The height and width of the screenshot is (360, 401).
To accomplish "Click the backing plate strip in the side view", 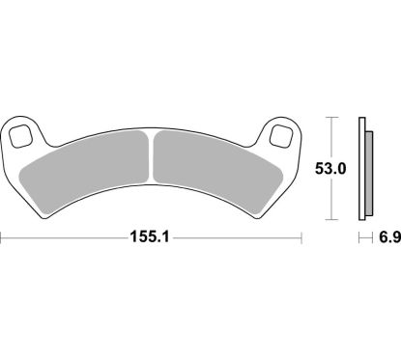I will pyautogui.click(x=361, y=170).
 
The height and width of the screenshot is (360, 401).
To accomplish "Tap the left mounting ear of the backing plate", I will pyautogui.click(x=21, y=133).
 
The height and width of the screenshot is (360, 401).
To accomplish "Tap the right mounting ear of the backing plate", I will pyautogui.click(x=282, y=133).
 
